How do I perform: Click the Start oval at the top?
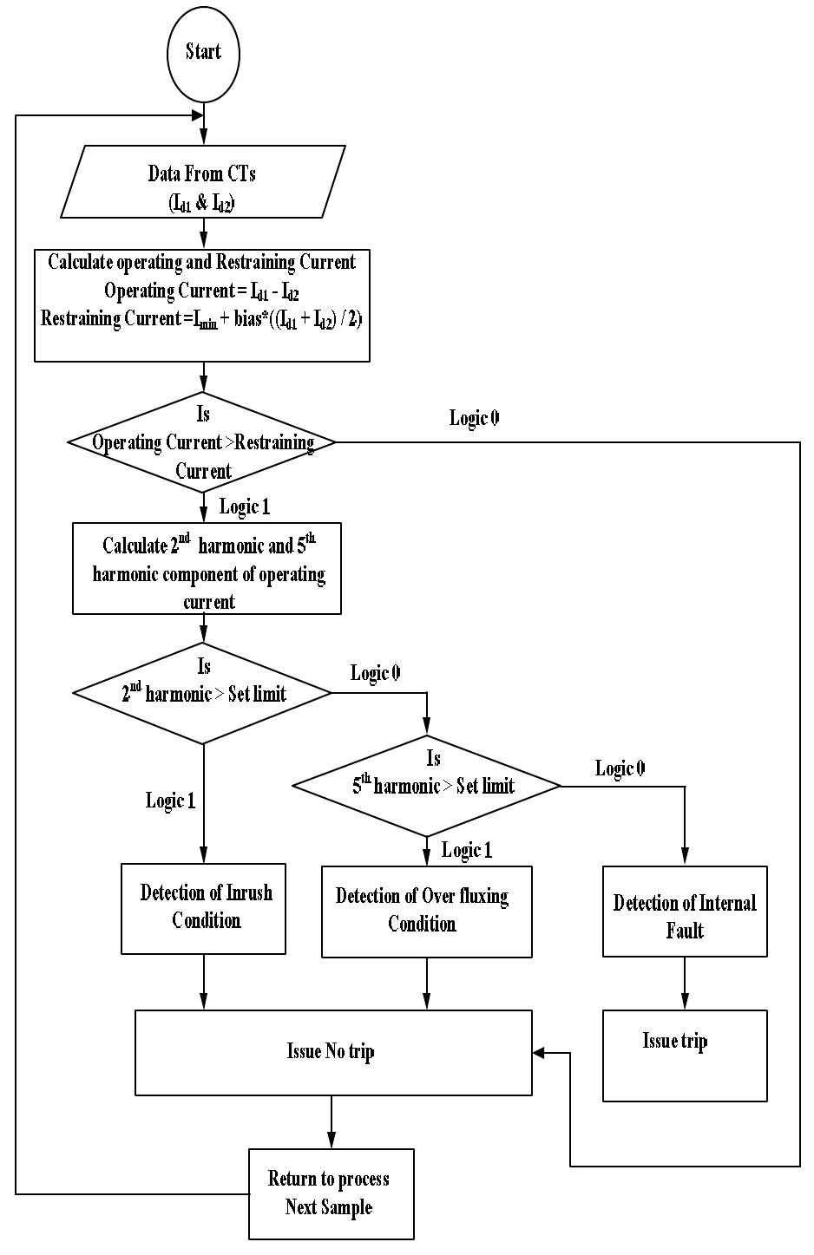tap(203, 52)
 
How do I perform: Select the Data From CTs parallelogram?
tap(203, 181)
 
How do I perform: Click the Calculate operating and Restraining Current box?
tap(202, 304)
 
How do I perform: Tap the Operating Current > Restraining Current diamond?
tap(203, 442)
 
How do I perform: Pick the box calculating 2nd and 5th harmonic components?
tap(207, 568)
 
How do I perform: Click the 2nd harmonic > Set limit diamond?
tap(203, 693)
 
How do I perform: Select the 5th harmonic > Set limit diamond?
tap(427, 786)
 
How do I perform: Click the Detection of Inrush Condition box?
tap(203, 908)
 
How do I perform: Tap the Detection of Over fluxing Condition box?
tap(426, 911)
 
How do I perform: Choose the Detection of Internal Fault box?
tap(685, 912)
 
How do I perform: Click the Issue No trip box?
tap(333, 1052)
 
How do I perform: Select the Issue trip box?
tap(685, 1056)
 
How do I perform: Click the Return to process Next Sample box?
tap(331, 1193)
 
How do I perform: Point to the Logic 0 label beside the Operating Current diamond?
tap(474, 418)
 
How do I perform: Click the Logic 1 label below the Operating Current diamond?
tap(245, 507)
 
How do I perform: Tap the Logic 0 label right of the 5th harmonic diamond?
tap(620, 768)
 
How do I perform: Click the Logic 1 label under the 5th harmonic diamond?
tap(467, 850)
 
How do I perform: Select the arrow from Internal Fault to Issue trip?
tap(685, 984)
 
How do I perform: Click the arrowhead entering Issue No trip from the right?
tap(539, 1053)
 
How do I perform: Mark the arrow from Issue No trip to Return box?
tap(331, 1122)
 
